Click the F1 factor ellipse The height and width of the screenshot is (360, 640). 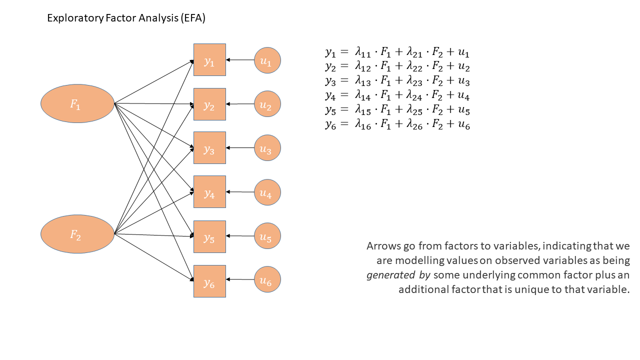pos(77,103)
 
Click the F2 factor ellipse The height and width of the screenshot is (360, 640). pos(77,234)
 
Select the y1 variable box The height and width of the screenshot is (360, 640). pos(209,60)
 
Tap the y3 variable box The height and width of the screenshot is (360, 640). pos(209,148)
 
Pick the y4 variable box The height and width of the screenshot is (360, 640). pos(209,192)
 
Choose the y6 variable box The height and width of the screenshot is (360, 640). pos(209,281)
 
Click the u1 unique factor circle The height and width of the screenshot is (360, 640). pos(267,60)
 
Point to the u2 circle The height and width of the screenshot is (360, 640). pos(267,104)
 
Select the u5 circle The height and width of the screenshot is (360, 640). pos(267,236)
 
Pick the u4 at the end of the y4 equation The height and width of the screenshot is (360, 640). pos(463,96)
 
